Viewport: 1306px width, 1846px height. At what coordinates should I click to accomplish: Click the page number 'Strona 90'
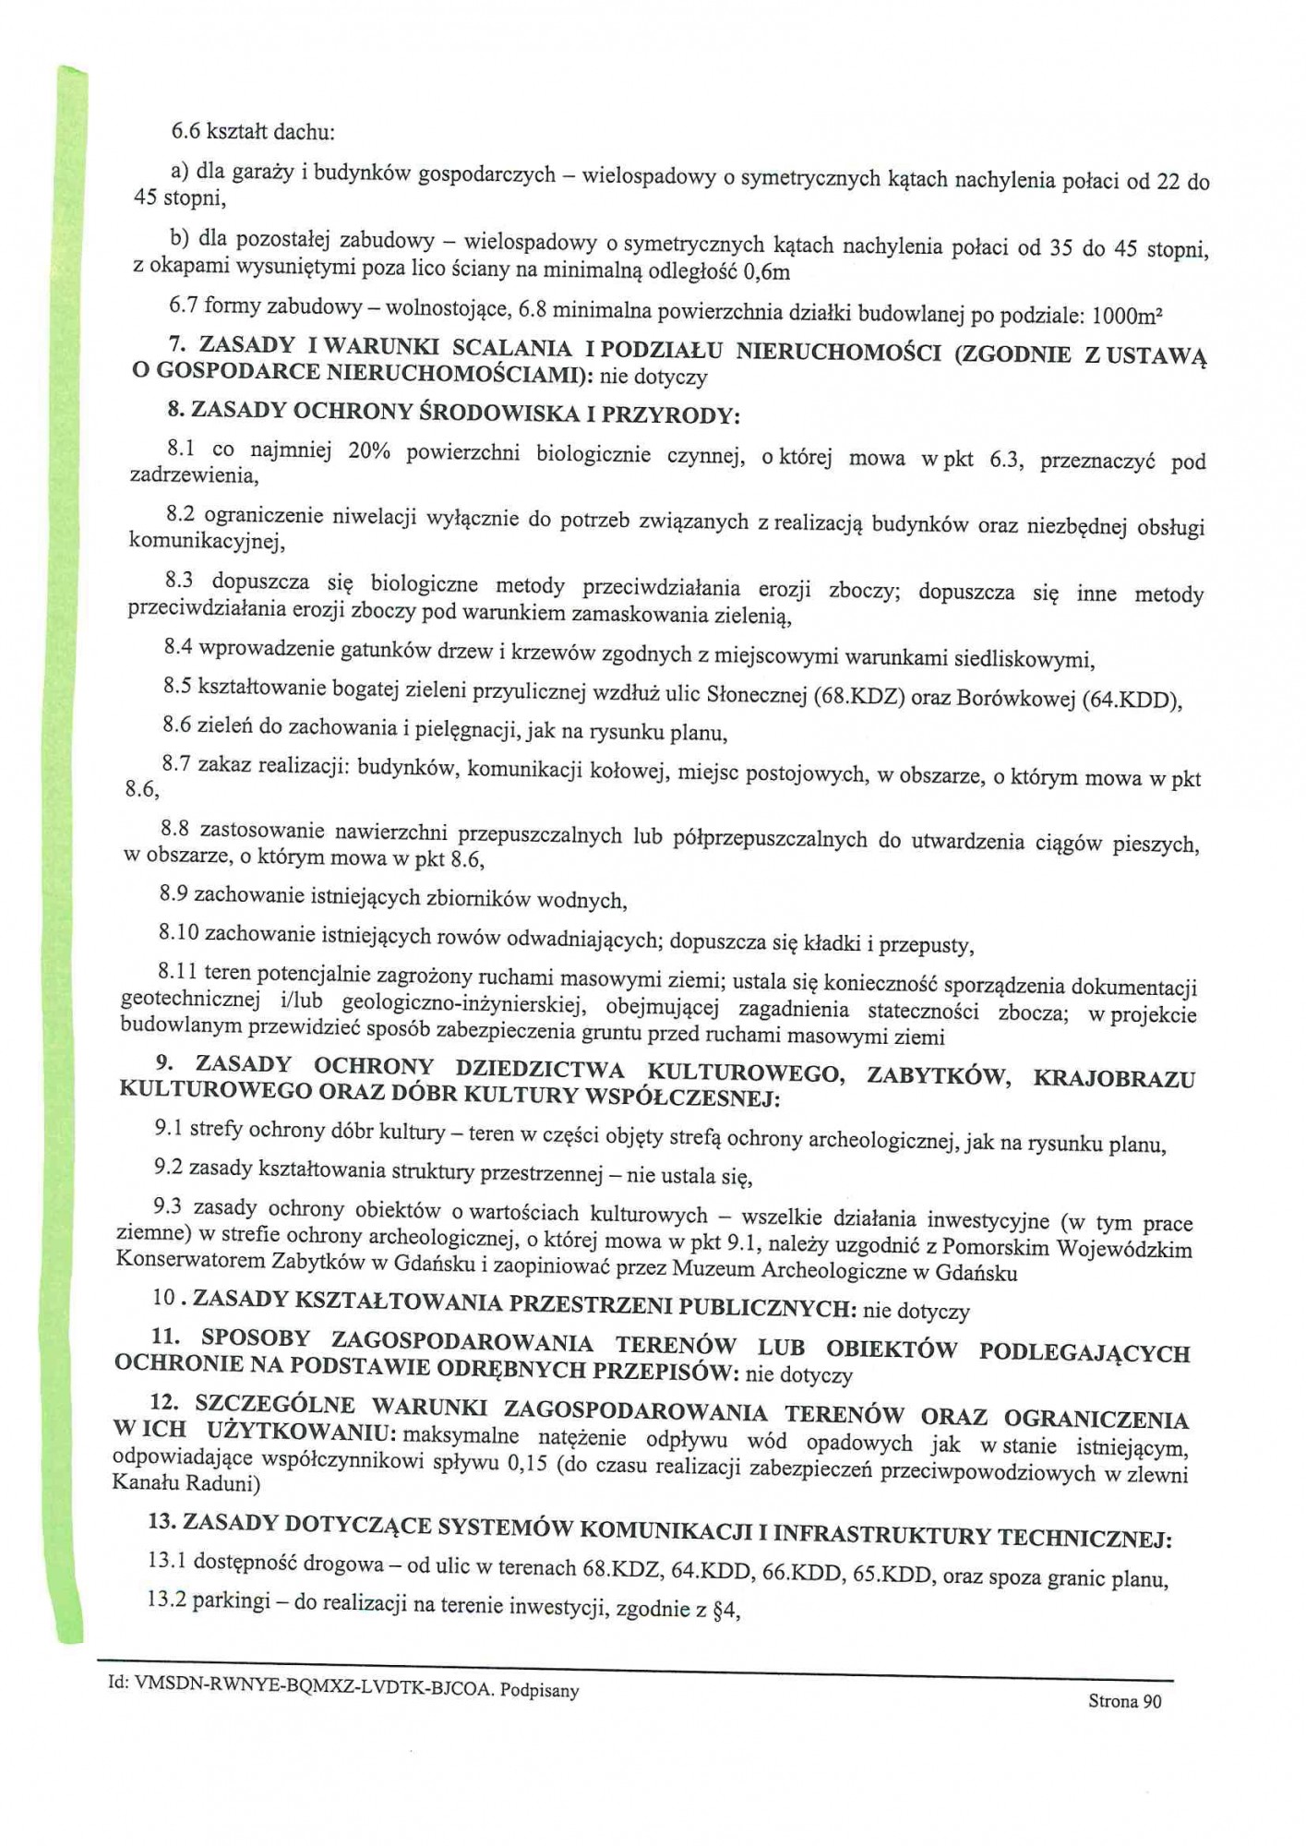click(1124, 1701)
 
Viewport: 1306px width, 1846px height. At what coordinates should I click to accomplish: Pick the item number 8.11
click(177, 971)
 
